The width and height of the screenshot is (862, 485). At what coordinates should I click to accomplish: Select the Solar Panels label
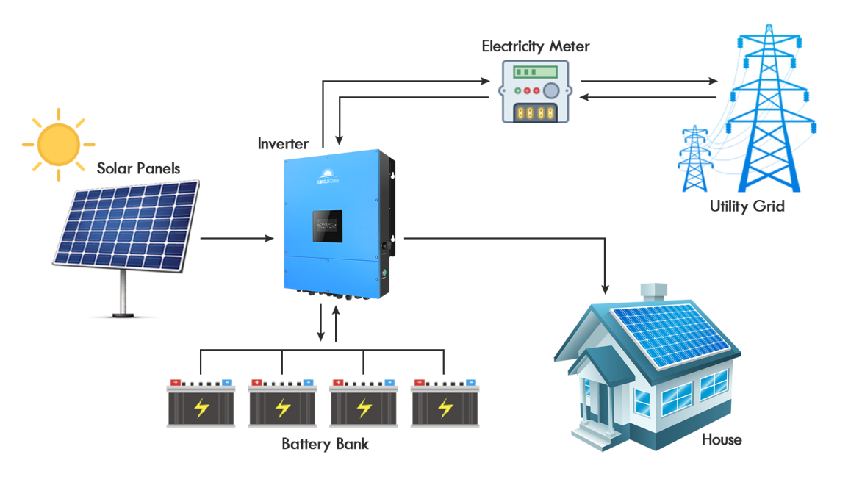(138, 168)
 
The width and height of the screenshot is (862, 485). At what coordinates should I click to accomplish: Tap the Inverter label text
(283, 144)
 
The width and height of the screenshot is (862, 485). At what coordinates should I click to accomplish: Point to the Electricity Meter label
(535, 46)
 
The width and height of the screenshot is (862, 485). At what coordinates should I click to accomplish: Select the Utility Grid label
(747, 206)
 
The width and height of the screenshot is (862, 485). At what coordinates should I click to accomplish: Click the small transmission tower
(693, 158)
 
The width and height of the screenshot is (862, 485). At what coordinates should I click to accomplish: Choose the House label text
(721, 439)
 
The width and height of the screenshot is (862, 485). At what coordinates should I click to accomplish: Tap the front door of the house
(605, 400)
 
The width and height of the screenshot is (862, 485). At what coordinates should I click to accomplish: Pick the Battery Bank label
(325, 444)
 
